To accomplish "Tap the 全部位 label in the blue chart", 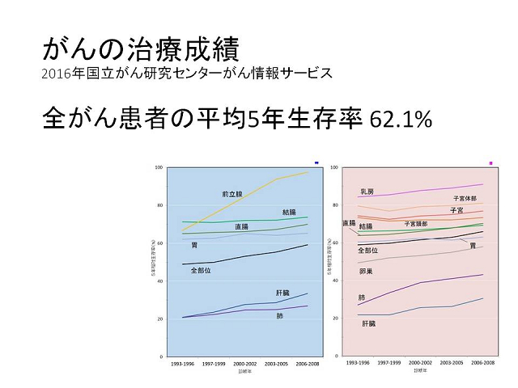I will tap(201, 270).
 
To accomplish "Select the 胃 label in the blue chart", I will tap(195, 244).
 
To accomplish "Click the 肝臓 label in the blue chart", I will tap(282, 291).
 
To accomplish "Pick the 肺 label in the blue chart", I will tap(279, 315).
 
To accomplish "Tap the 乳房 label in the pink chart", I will tap(367, 192).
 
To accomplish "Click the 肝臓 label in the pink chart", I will tap(368, 323).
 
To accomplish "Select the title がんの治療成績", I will tap(138, 49).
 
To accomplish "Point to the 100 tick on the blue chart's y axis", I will tap(159, 167).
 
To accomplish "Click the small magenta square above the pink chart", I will tap(491, 163).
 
